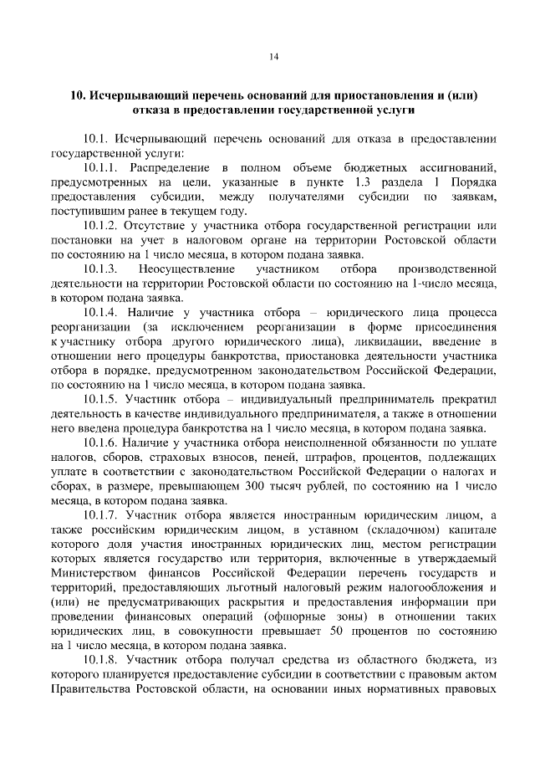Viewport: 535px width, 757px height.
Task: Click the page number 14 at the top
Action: click(273, 57)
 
